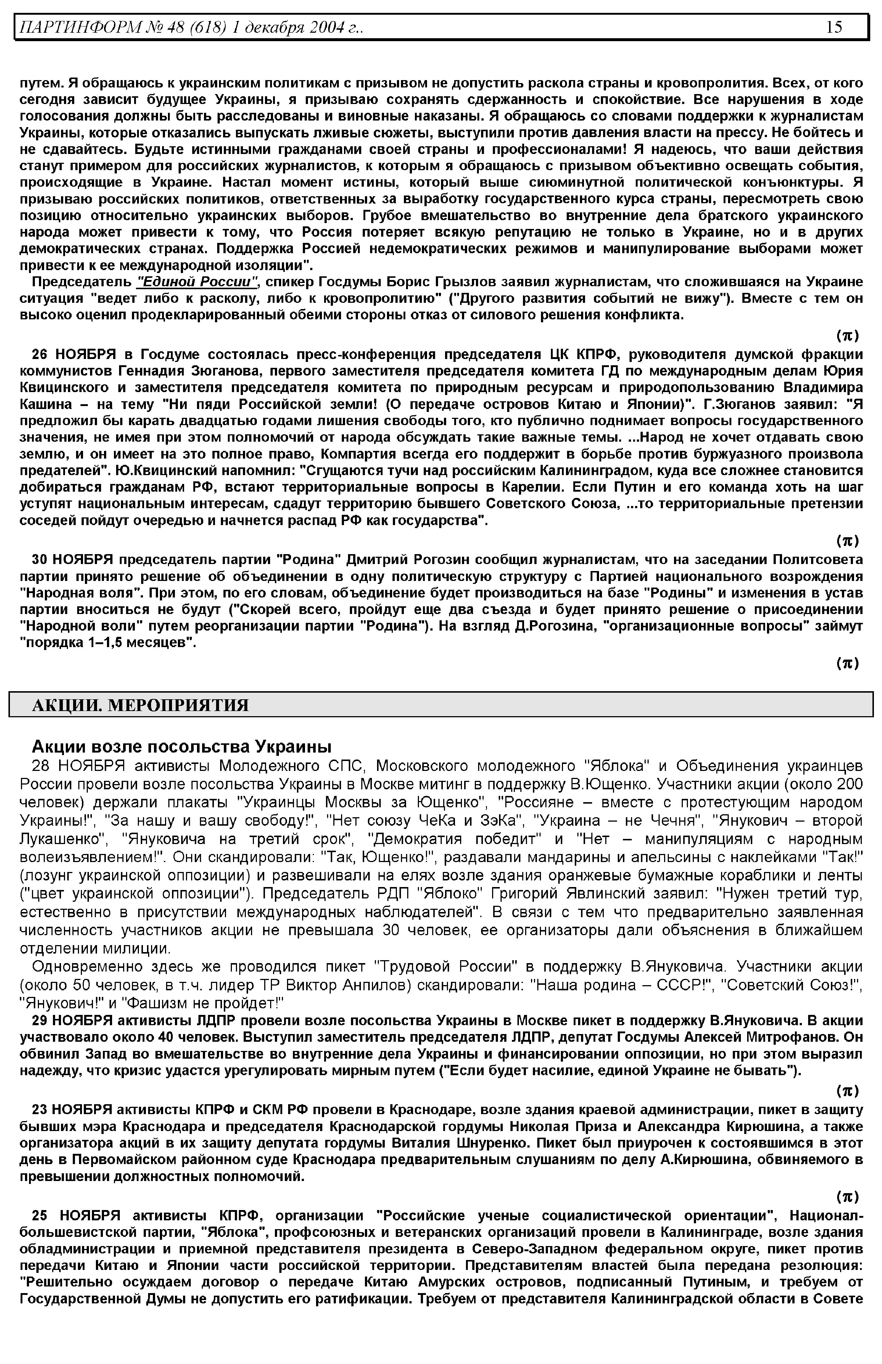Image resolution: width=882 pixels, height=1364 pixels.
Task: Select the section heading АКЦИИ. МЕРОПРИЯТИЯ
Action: click(x=140, y=705)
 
